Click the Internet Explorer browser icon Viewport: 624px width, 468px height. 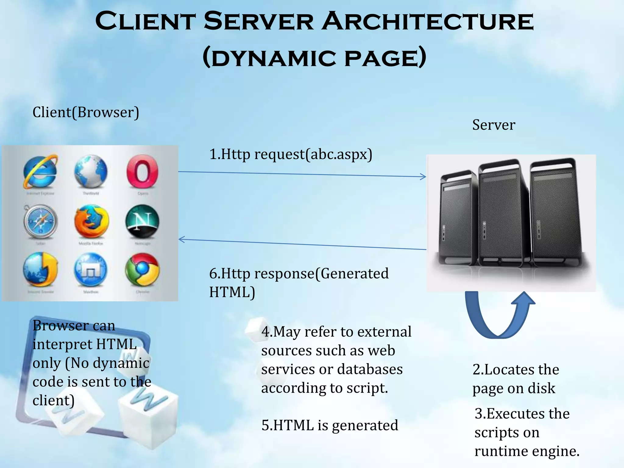coord(40,172)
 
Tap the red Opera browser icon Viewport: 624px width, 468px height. coord(142,172)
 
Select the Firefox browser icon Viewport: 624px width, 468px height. coord(91,222)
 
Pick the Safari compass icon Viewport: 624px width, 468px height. coord(40,222)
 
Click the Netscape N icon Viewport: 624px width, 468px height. coord(142,221)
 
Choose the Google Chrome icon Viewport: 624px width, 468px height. coord(142,270)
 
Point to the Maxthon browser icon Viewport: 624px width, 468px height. coord(91,270)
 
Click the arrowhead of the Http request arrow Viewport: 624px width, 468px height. coord(424,176)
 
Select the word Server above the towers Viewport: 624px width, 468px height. coord(494,125)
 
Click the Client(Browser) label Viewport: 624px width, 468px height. coord(86,112)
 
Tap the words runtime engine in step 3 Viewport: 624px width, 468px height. coord(527,451)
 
